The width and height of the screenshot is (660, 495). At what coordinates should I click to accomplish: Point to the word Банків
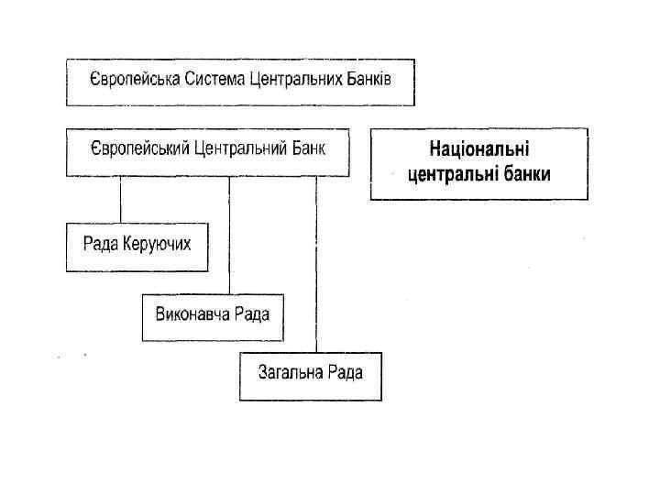(368, 80)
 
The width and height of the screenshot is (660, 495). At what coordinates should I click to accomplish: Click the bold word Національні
(479, 150)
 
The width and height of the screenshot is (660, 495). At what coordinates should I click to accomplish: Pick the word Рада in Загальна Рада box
(346, 371)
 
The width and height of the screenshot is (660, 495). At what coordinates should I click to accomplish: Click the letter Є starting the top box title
(93, 80)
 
